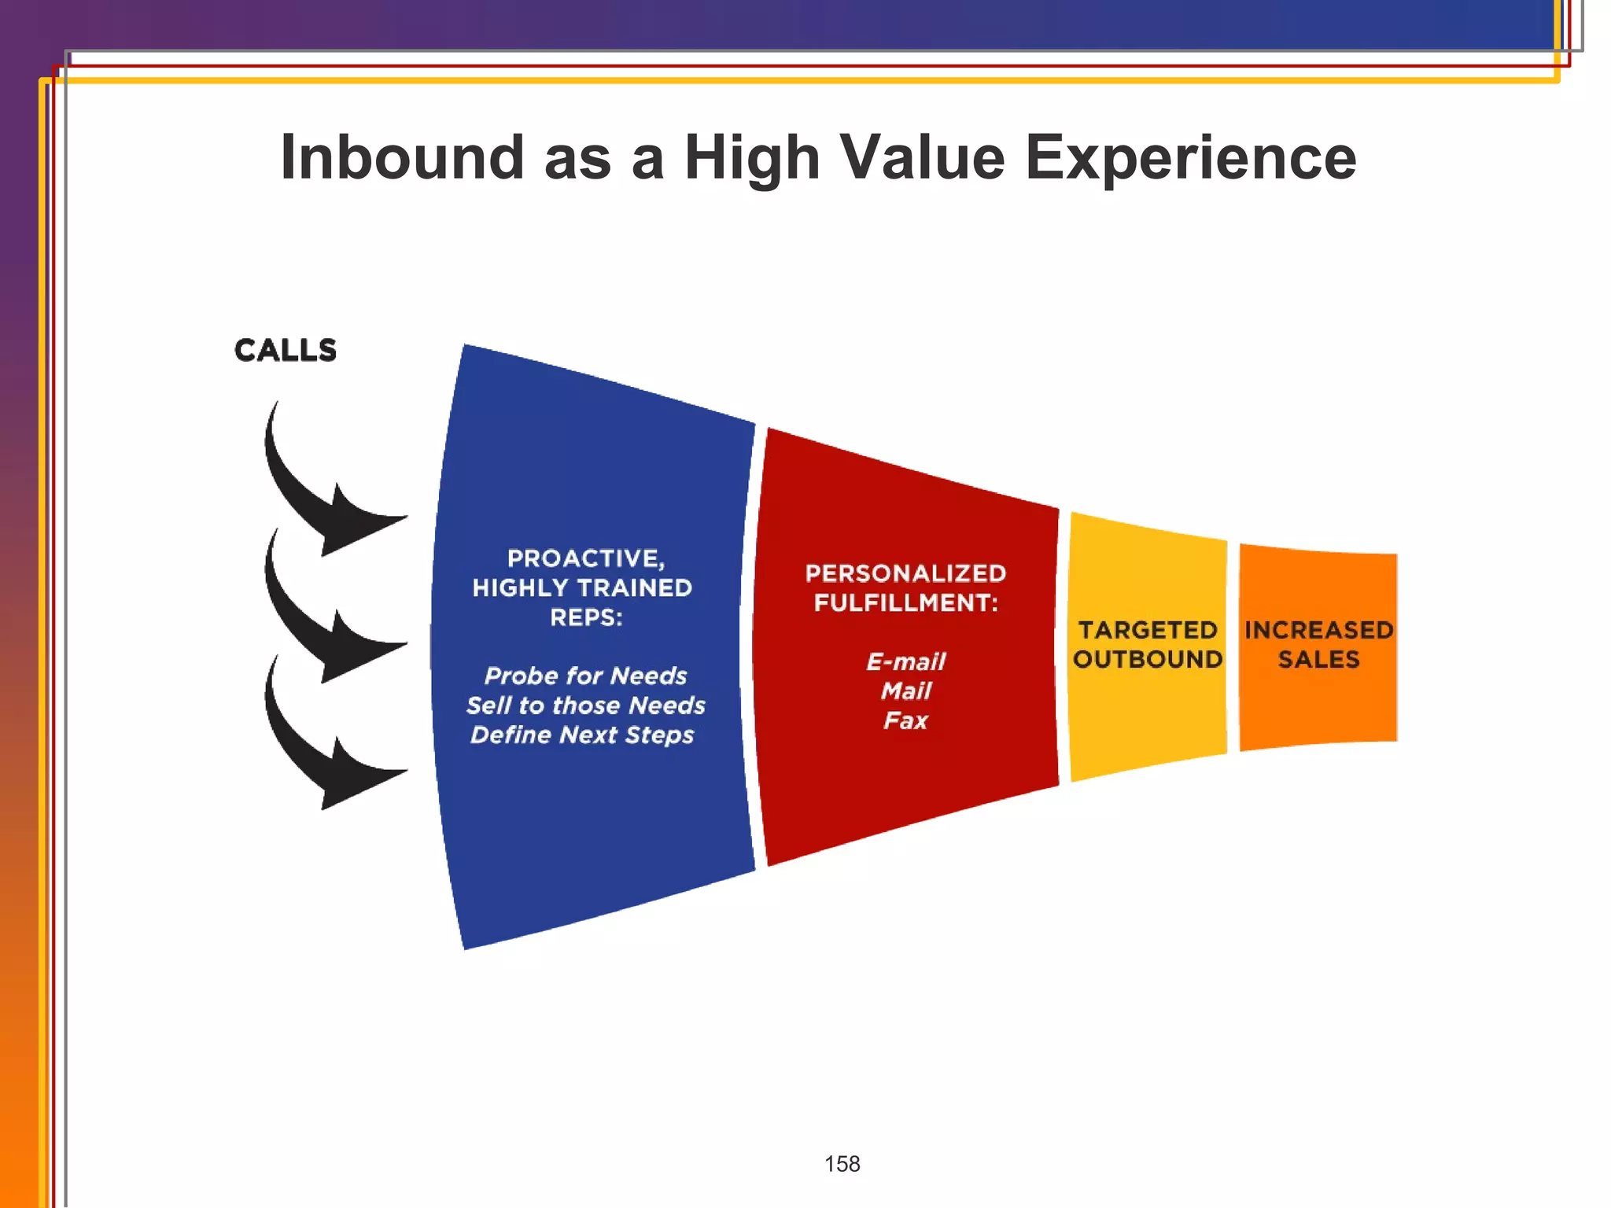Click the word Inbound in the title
tap(402, 157)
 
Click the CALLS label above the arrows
tap(286, 351)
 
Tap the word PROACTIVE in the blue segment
tap(584, 559)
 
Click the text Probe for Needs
tap(585, 676)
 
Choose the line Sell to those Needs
tap(585, 705)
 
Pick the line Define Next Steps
tap(582, 735)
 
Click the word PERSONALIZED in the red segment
tap(905, 573)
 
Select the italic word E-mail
tap(905, 661)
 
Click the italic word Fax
tap(905, 720)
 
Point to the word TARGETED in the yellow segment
tap(1148, 630)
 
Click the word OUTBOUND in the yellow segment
tap(1148, 659)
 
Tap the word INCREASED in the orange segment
tap(1318, 630)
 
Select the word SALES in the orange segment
tap(1318, 659)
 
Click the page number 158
tap(842, 1164)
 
